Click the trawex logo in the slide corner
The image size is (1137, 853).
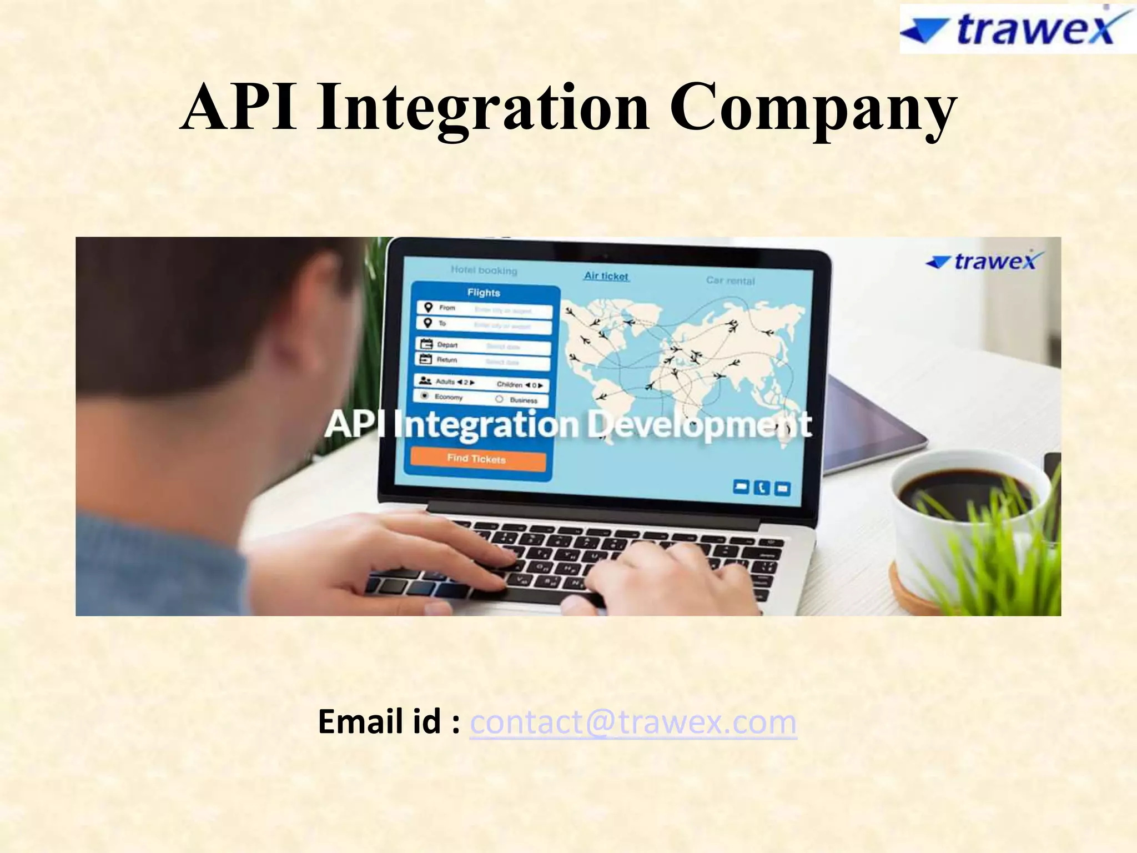pos(1017,29)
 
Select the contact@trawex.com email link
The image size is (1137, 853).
pos(633,722)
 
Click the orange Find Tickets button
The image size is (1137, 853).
pos(477,459)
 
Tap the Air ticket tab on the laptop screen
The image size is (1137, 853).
pos(606,276)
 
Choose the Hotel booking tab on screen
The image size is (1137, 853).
pos(484,270)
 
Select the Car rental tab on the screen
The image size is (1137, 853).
pos(730,280)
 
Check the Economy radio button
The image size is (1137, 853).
pos(425,396)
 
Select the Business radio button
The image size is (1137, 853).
pos(499,399)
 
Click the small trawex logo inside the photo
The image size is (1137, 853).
pos(985,261)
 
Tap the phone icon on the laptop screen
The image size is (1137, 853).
pos(761,488)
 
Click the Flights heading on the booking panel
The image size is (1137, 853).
pos(484,293)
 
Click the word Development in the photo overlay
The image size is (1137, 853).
pos(700,425)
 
